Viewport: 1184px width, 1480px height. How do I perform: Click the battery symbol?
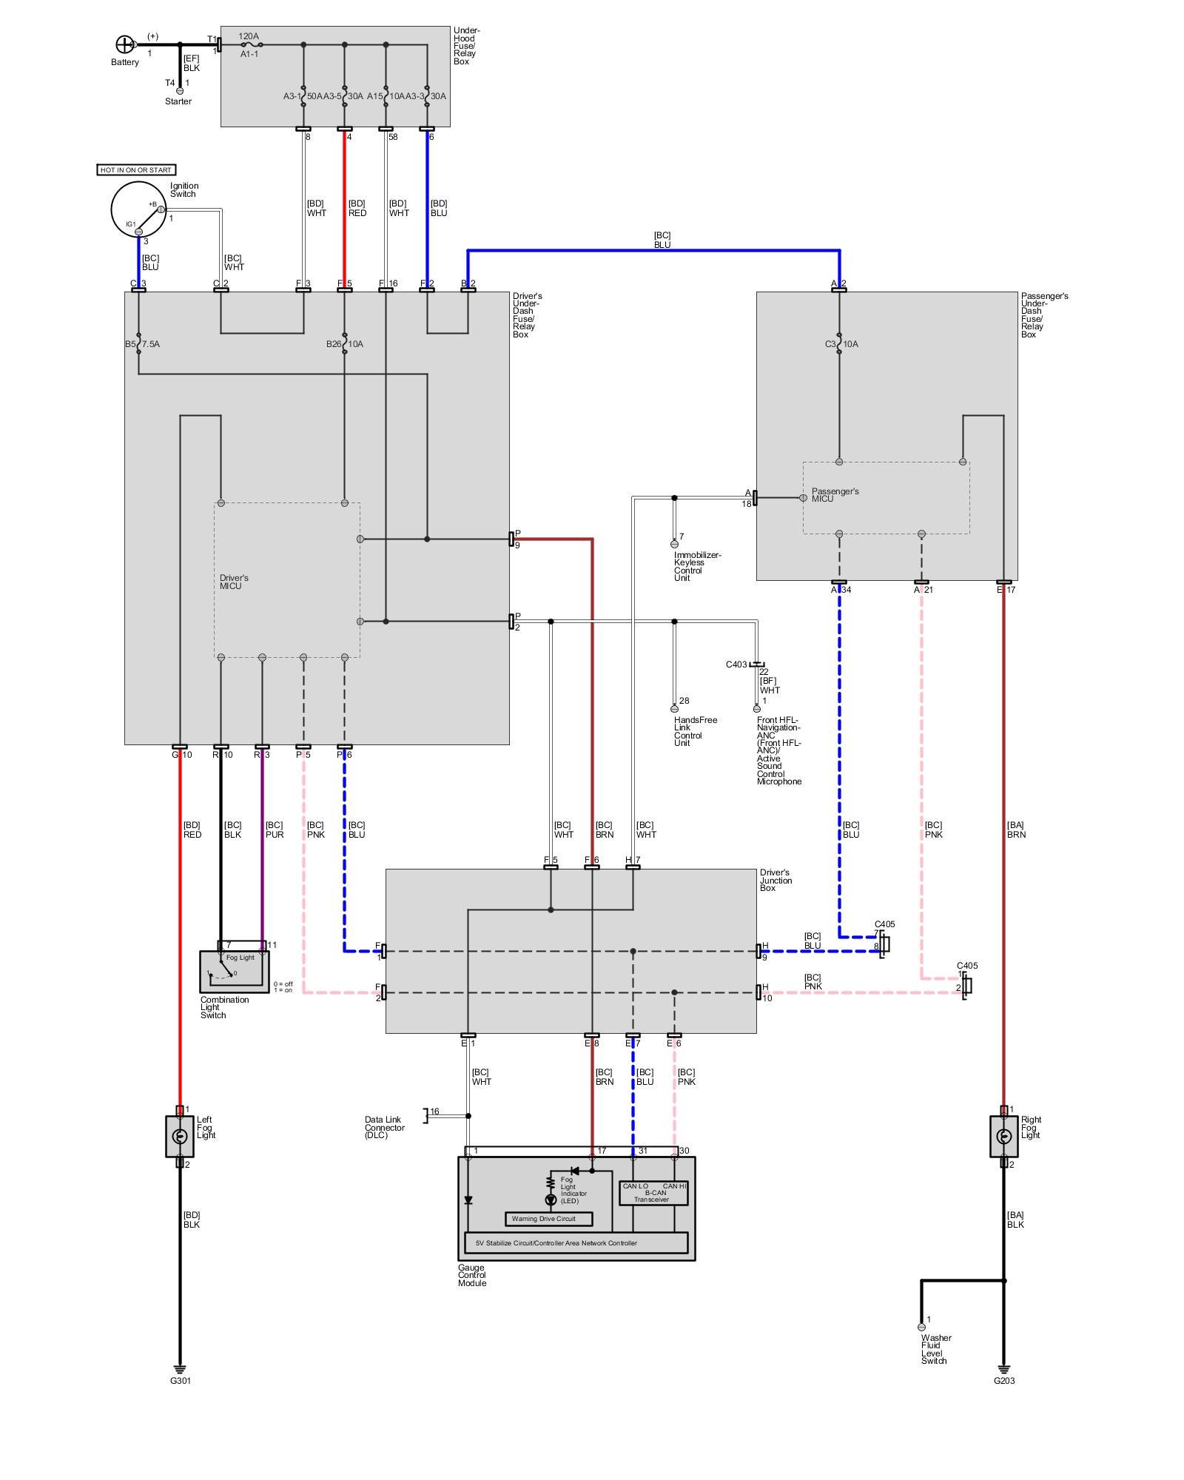point(124,44)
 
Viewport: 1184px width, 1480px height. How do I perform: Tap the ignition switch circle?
point(138,209)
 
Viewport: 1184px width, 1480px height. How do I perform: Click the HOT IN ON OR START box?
point(136,170)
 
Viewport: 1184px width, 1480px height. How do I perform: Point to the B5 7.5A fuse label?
point(142,344)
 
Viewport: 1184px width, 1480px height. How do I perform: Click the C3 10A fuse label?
point(841,344)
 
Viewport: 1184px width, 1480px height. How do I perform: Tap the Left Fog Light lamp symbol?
point(180,1137)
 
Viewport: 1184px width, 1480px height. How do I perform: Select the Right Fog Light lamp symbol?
point(1003,1137)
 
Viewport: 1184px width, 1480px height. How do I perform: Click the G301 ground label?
point(181,1381)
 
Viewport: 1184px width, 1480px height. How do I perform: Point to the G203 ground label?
point(1004,1381)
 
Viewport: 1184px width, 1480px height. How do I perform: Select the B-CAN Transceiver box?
point(653,1193)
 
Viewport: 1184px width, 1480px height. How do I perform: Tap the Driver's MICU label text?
point(234,582)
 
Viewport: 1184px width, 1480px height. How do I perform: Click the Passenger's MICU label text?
point(835,495)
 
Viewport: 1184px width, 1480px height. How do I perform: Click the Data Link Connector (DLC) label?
point(384,1128)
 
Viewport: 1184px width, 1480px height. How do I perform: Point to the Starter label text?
point(178,101)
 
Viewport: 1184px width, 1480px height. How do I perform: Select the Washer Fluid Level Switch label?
point(936,1349)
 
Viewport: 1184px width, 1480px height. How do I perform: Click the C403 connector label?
point(736,665)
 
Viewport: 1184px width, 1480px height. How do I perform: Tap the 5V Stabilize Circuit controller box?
point(576,1243)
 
